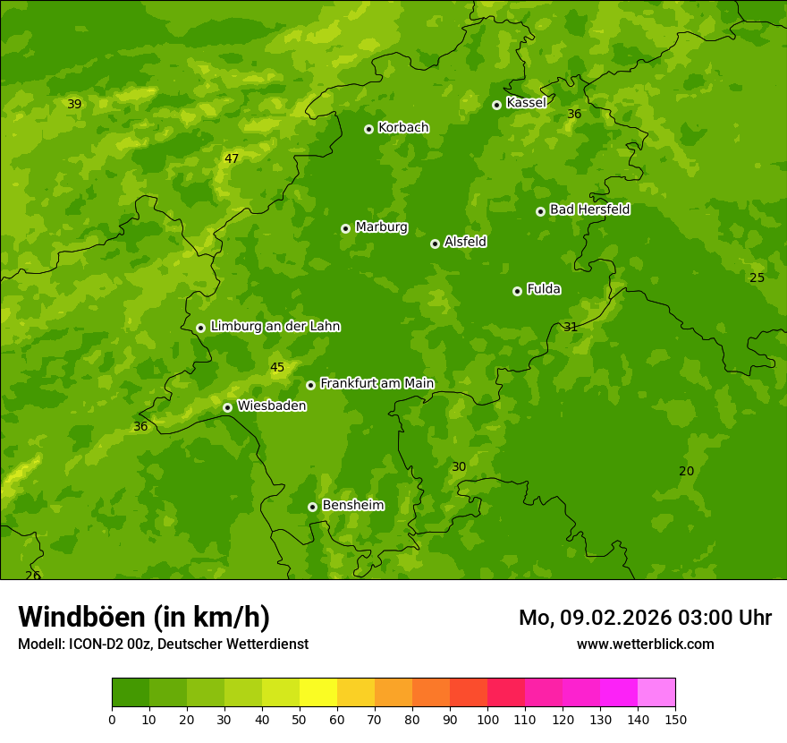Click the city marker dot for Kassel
[496, 105]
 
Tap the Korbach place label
[403, 127]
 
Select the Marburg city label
[381, 226]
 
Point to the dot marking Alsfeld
[435, 243]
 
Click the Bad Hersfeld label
[589, 209]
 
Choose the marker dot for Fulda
[517, 291]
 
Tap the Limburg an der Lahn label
[275, 326]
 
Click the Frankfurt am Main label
[377, 383]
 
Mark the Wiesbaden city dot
[227, 407]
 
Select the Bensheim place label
[352, 505]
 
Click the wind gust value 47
[232, 158]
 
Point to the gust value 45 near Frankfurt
[277, 367]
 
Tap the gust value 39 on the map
[74, 104]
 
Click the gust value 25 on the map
[757, 278]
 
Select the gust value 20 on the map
[686, 471]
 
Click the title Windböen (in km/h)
[144, 617]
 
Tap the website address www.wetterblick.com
[645, 644]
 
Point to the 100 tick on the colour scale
[487, 719]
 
